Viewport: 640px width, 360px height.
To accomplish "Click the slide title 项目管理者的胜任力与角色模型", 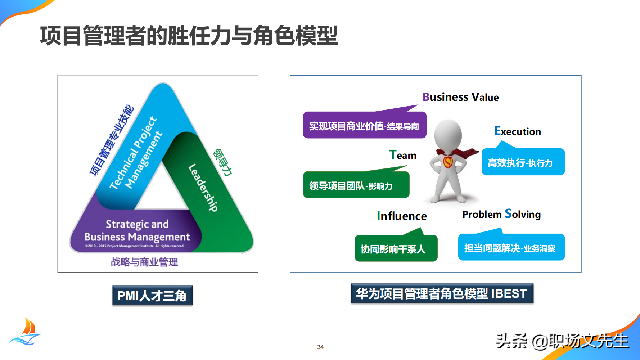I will tap(189, 36).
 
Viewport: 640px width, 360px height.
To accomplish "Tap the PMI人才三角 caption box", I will tap(152, 296).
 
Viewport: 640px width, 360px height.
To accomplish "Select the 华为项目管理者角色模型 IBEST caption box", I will tap(442, 293).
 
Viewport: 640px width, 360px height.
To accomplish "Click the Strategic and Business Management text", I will tap(137, 230).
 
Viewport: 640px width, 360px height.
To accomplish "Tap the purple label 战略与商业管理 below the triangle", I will tap(144, 262).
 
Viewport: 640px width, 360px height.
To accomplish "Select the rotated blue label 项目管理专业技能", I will tap(112, 140).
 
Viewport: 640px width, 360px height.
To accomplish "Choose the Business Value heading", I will tap(460, 97).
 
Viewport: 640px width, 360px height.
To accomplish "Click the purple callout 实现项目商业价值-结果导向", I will tap(364, 126).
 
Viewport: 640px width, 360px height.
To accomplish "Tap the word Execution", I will tap(518, 131).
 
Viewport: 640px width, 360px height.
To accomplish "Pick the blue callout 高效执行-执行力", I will tap(523, 163).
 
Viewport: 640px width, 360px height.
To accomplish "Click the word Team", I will tap(403, 155).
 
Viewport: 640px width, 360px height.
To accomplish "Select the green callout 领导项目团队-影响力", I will tap(356, 185).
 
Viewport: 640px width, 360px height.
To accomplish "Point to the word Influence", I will tap(402, 216).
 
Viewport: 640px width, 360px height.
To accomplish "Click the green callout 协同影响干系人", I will tap(396, 249).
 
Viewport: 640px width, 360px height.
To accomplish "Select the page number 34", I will tap(320, 347).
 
